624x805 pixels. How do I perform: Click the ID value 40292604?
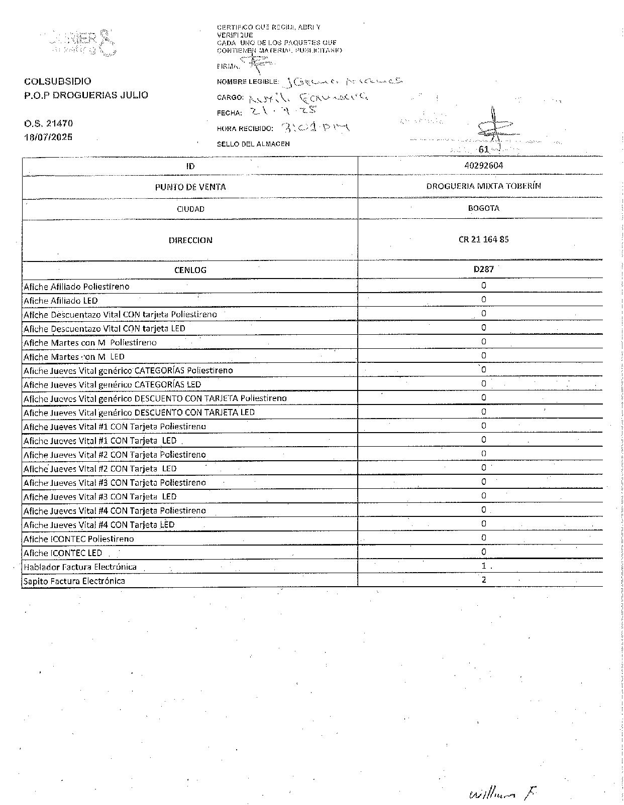tap(484, 166)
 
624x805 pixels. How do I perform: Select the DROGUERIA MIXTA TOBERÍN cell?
tap(483, 186)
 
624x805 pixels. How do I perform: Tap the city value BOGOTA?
tap(483, 208)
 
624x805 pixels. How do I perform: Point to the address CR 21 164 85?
tap(483, 239)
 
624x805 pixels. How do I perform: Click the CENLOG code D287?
tap(483, 270)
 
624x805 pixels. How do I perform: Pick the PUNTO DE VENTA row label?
tap(190, 187)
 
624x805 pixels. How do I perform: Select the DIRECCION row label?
tap(190, 240)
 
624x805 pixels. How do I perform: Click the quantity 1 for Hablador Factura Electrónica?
tap(484, 566)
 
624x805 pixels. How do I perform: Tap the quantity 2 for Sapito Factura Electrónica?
tap(484, 580)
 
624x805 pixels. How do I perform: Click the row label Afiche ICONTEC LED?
tap(63, 553)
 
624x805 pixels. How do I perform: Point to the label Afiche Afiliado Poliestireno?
tap(76, 287)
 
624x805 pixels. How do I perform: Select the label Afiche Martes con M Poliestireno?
tap(90, 343)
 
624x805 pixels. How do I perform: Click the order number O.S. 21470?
tap(48, 123)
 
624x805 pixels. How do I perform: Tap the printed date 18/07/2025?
tap(48, 137)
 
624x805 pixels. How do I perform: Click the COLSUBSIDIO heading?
tap(58, 81)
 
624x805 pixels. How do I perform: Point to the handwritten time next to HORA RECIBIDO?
tap(316, 127)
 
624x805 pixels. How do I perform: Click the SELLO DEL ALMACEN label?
tap(253, 144)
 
